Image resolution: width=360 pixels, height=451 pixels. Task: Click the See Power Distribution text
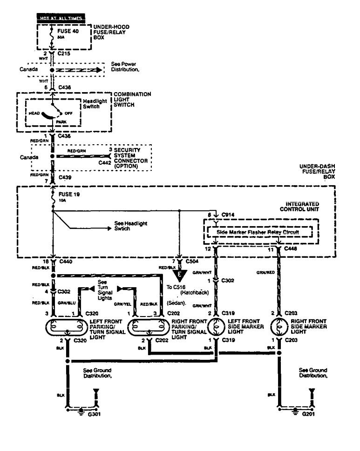tap(125, 66)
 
